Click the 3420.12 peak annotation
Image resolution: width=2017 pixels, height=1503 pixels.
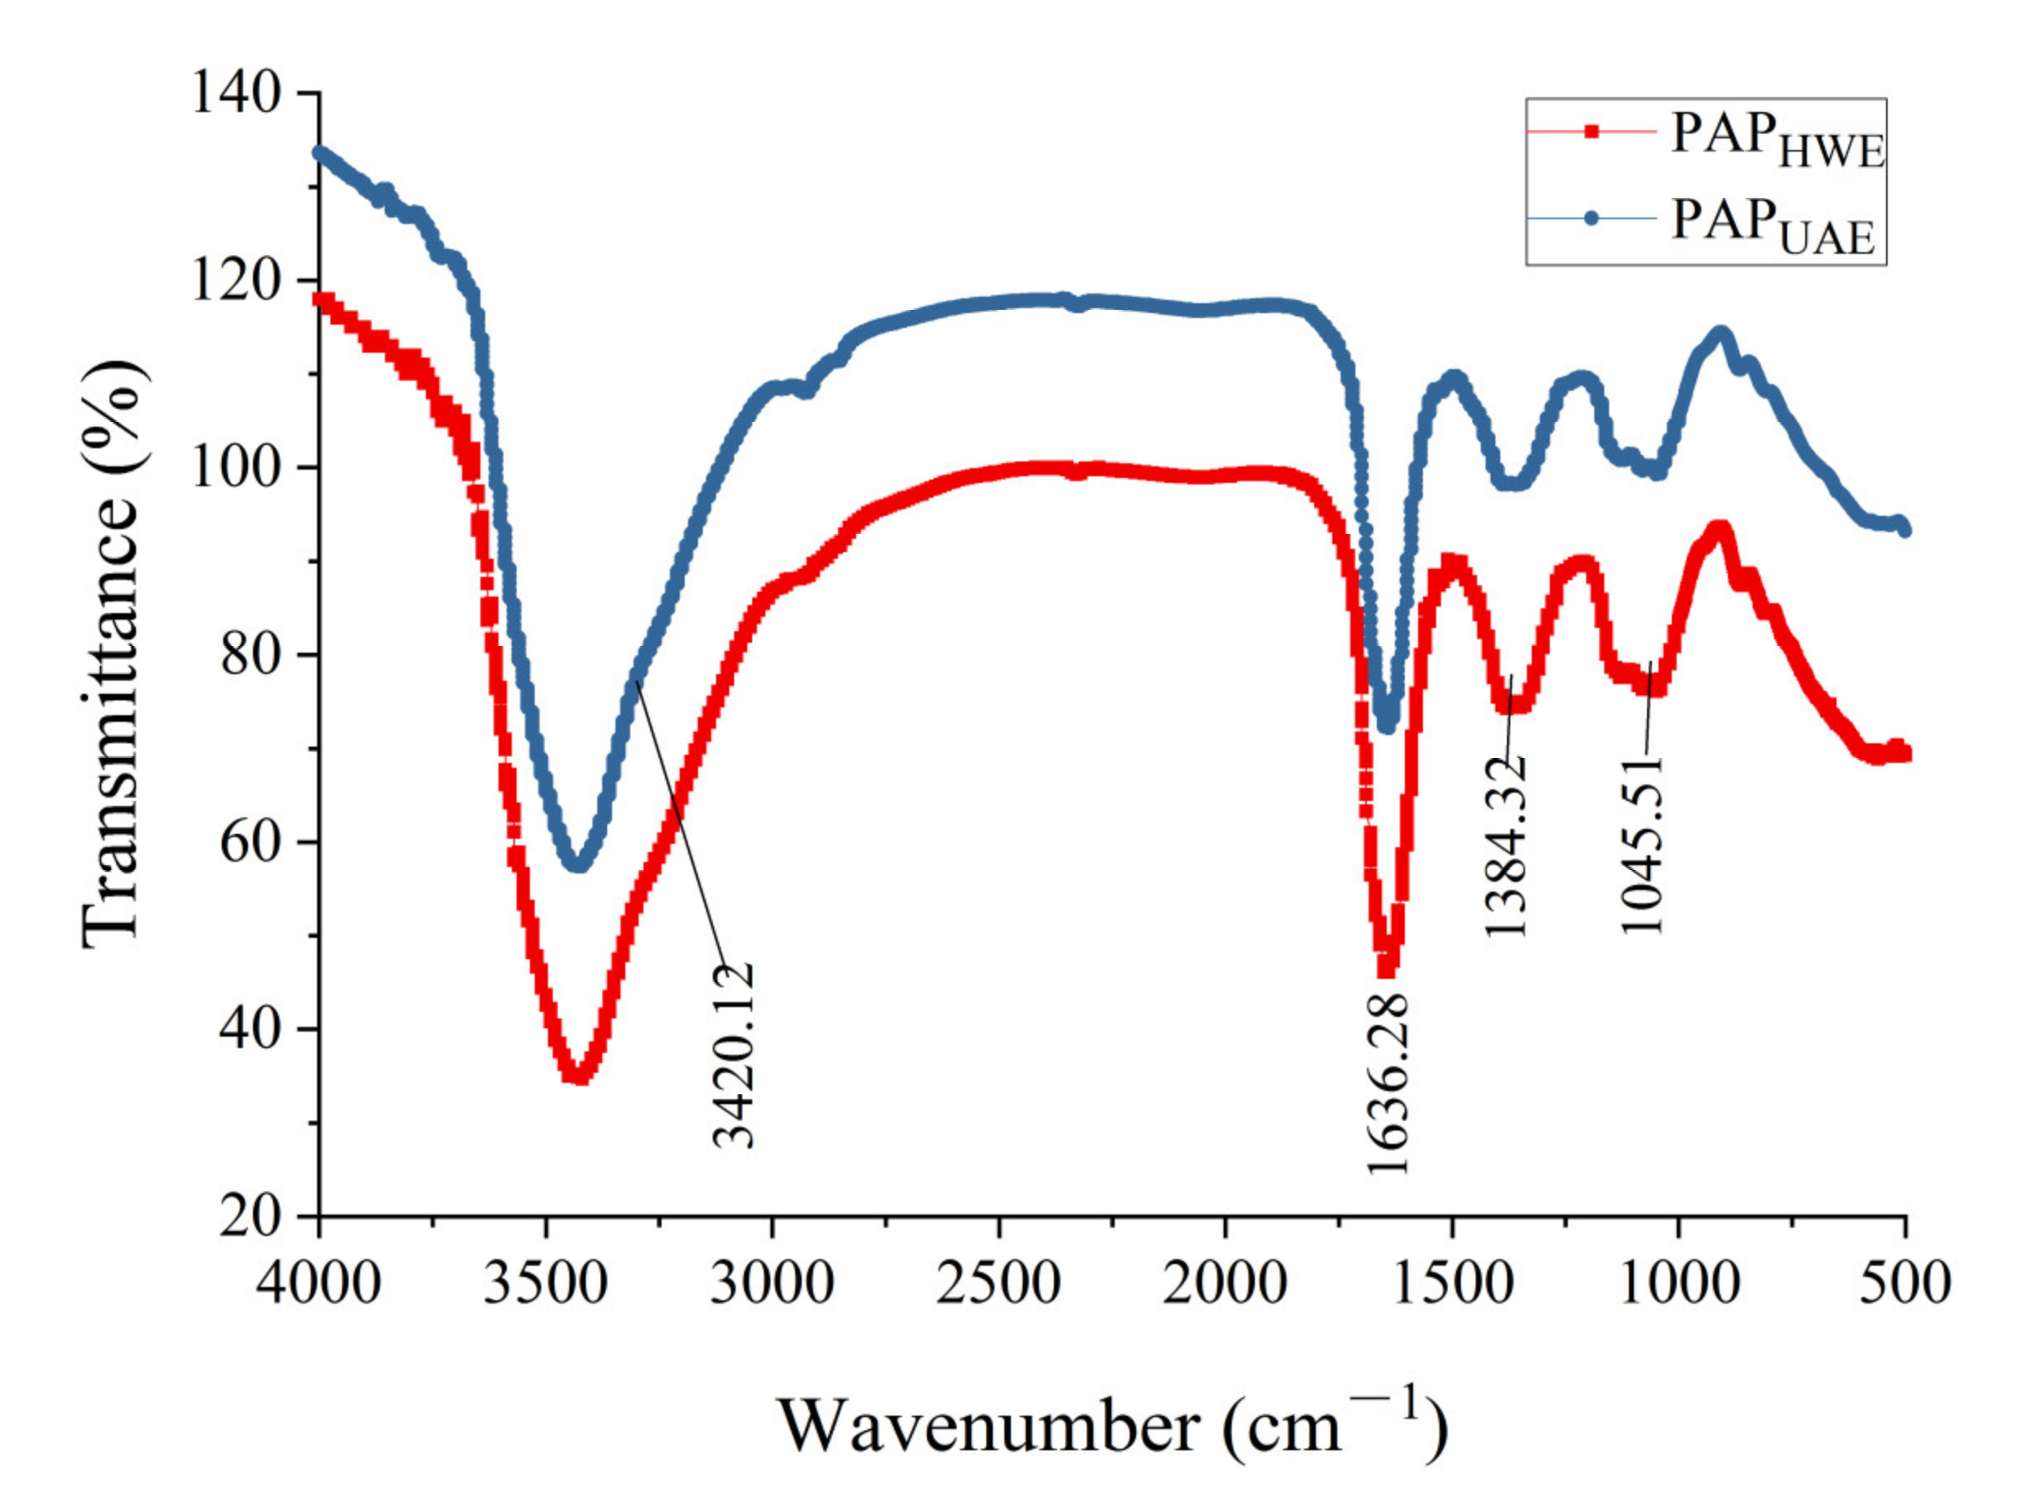[x=732, y=1056]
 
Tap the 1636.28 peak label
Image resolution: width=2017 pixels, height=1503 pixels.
[x=1388, y=1084]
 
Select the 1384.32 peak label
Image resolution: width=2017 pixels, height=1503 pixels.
[x=1505, y=847]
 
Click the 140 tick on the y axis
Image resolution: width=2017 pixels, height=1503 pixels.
[x=236, y=93]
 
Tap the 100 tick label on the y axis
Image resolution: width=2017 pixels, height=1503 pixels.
[x=236, y=468]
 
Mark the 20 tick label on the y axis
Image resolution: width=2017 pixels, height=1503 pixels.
[x=250, y=1216]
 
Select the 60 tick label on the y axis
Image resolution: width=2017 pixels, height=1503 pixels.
[x=250, y=842]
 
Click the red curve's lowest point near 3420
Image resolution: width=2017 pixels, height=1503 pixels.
[x=578, y=1076]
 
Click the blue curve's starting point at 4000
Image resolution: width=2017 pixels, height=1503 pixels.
[x=321, y=152]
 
